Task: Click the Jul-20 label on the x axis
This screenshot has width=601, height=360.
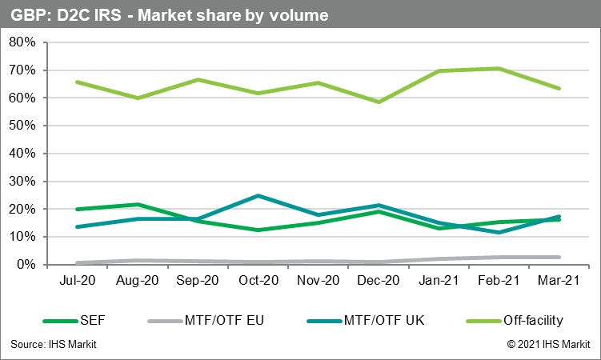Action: (x=78, y=282)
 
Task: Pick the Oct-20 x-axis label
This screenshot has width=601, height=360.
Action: (x=258, y=282)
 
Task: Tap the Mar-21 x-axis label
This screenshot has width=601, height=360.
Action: (x=559, y=282)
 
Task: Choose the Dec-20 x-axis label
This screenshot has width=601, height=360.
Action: (x=379, y=282)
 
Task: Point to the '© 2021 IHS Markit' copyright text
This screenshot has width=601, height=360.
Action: (x=548, y=344)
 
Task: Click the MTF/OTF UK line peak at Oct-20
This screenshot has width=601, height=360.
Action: (x=258, y=195)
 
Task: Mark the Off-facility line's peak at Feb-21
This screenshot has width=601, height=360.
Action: (x=499, y=69)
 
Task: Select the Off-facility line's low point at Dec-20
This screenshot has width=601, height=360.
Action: (x=379, y=102)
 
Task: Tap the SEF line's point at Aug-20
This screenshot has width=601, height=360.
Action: (x=138, y=205)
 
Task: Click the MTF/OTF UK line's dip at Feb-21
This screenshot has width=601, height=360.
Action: (x=499, y=232)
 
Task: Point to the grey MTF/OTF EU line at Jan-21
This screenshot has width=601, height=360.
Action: (x=439, y=258)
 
